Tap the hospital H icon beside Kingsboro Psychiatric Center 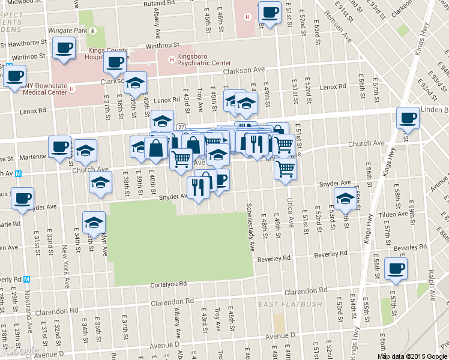(x=172, y=59)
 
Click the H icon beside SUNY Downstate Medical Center (x=72, y=90)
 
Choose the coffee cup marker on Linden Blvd (x=408, y=118)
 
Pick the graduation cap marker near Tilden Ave (x=346, y=198)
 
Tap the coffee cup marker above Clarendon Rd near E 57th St (x=395, y=268)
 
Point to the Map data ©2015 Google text (x=412, y=356)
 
